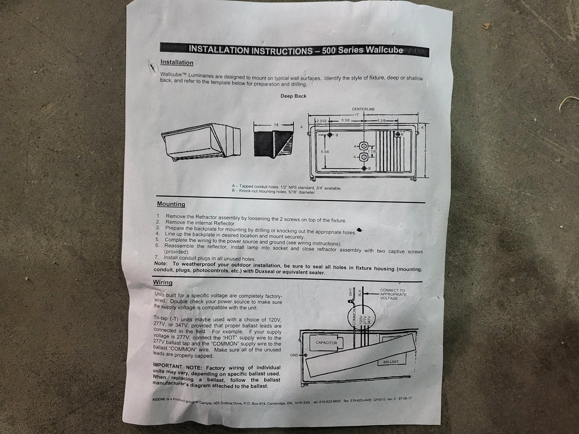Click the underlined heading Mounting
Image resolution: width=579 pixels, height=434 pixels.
(171, 204)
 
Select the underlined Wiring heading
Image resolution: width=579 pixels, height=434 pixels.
(163, 283)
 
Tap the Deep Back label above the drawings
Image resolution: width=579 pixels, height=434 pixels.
(294, 96)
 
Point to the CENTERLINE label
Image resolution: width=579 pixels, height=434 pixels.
(363, 109)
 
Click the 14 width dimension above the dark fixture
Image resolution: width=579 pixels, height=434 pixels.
(276, 125)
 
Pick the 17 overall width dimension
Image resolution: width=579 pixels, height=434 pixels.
(357, 115)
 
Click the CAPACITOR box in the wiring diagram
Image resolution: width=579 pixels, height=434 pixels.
(326, 343)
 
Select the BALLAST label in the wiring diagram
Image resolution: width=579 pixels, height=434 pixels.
(391, 362)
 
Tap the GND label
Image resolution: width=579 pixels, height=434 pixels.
(294, 355)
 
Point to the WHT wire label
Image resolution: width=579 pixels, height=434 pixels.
(351, 292)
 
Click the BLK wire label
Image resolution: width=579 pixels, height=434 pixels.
(359, 293)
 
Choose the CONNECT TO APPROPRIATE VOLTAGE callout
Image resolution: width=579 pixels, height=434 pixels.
(393, 294)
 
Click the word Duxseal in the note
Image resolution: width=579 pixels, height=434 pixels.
(265, 271)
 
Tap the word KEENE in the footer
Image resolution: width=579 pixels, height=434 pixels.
(159, 399)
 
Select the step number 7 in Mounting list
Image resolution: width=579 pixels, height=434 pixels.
(156, 257)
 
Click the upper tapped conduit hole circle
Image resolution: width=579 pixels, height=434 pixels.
(364, 146)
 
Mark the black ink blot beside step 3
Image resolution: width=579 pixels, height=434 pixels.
(359, 230)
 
